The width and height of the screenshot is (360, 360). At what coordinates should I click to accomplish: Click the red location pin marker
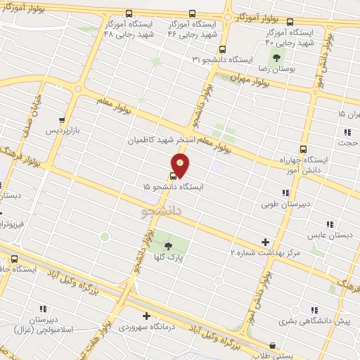click(181, 165)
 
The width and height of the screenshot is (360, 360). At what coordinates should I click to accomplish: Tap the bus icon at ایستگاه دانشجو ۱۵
click(174, 176)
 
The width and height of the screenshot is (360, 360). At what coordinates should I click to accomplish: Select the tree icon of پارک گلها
click(168, 245)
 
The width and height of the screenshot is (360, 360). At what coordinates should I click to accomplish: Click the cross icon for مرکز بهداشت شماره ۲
click(264, 241)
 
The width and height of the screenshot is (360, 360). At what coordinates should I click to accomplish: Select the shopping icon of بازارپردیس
click(63, 120)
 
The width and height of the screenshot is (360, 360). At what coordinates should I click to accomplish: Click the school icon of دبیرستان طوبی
click(285, 193)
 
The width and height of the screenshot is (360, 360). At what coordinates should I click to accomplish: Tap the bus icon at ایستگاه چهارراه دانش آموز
click(304, 148)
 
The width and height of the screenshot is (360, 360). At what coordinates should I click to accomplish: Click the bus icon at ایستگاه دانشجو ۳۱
click(222, 49)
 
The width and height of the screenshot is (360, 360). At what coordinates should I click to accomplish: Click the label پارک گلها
click(168, 257)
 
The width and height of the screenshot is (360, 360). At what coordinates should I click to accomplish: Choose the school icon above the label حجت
click(347, 132)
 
